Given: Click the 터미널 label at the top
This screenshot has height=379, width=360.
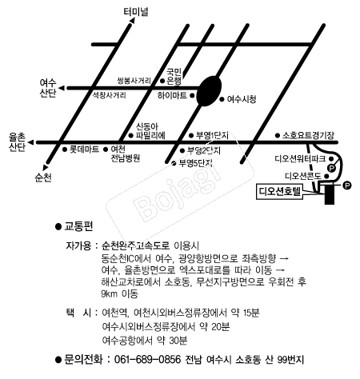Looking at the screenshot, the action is pos(136,12).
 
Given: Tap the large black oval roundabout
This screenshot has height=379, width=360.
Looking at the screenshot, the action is pos(209,91).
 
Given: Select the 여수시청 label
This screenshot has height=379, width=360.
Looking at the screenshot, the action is pos(242,99).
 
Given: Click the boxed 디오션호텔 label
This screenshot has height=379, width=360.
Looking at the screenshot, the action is pos(279,191).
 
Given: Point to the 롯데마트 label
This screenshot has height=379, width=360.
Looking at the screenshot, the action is pos(84,150).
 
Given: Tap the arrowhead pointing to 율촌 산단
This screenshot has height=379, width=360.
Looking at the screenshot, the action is pos(31,142).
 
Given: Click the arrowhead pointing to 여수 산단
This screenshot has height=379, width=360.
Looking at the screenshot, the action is pos(62,88).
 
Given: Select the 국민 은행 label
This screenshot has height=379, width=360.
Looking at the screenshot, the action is pos(174,76).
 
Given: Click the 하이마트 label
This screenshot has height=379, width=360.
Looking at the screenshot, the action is pos(172,95).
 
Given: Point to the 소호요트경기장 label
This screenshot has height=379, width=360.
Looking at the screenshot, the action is pos(308,135).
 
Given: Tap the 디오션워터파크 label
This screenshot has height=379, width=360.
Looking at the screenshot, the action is pos(300,159).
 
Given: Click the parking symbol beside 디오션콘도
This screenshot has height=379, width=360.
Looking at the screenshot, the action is pos(331,168).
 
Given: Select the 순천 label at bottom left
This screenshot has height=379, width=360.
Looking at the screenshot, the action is pos(43,178).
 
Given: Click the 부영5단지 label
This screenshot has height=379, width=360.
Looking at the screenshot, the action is pos(196,163).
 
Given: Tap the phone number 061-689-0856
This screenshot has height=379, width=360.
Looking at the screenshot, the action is pos(147,360).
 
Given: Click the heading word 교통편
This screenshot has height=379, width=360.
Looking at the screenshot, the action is pos(78,226).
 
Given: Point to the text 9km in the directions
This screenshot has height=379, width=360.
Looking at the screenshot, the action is pos(110,293).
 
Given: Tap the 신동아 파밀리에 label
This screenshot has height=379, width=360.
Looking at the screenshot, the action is pos(150,131).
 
